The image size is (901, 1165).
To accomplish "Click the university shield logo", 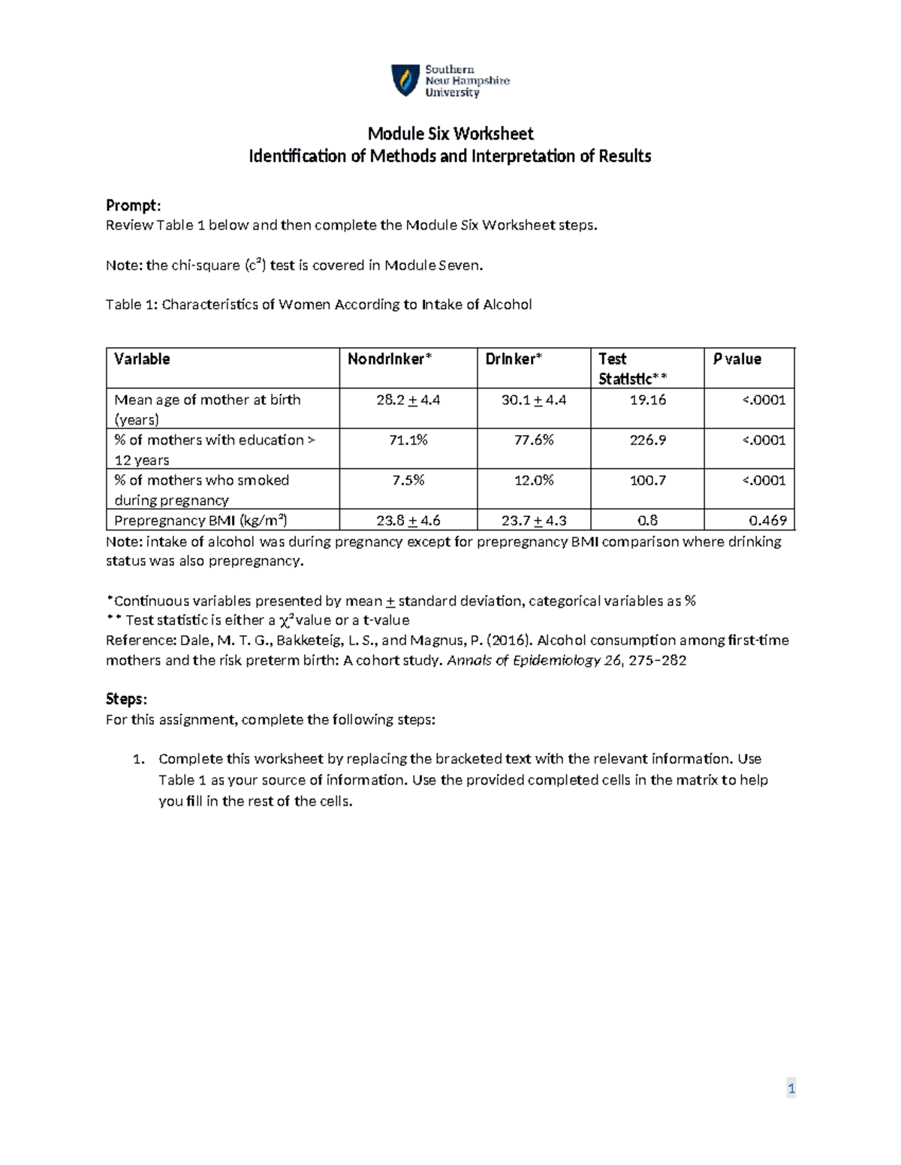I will click(405, 80).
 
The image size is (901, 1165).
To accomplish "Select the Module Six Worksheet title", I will click(450, 134).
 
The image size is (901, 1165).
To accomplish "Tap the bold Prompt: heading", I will click(133, 206).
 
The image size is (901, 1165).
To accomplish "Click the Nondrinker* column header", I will click(389, 359).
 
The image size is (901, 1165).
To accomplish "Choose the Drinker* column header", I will click(513, 359).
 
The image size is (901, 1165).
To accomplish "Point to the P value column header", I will click(737, 359).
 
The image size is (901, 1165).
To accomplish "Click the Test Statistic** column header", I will click(632, 368).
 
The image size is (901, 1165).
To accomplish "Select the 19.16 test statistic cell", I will click(647, 400).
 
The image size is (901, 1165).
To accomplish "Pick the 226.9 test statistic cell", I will click(647, 440).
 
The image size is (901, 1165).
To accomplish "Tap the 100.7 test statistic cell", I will click(647, 480).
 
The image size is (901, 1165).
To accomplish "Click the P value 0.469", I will click(767, 521).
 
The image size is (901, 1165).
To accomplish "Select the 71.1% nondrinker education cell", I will click(408, 440).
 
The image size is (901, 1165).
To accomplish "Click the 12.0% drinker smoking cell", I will click(533, 480).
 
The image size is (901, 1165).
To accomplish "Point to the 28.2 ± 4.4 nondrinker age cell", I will click(408, 400).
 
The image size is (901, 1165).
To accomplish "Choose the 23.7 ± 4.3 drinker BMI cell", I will click(533, 521).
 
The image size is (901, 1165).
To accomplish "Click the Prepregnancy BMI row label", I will click(200, 521).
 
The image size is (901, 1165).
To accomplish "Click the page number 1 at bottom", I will click(791, 1088).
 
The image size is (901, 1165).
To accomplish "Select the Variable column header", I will click(142, 359).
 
